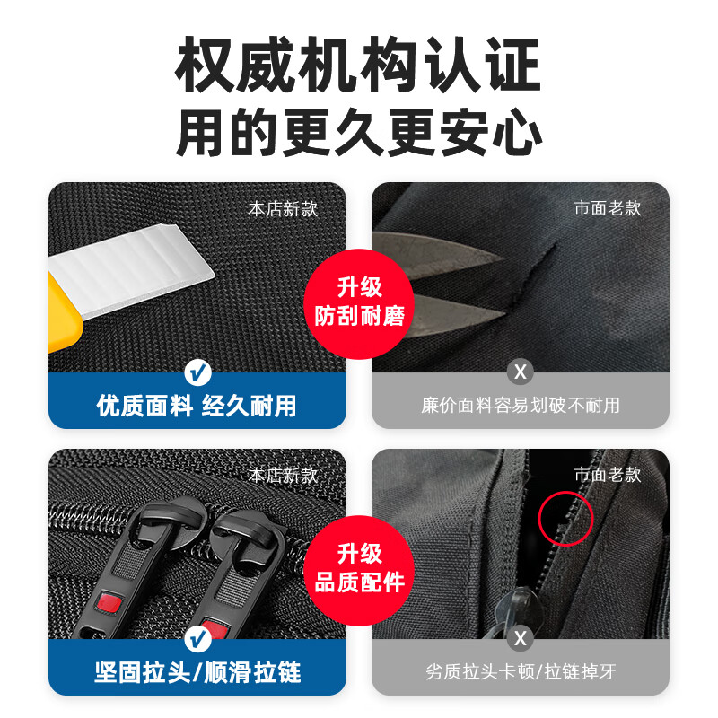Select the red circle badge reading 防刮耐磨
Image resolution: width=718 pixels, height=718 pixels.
pos(359,302)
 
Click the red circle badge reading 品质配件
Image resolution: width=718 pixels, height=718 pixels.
pos(359,568)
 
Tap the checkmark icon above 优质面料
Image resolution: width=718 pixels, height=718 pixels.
pos(197,371)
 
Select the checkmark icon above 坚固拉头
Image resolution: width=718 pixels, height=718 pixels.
pos(197,639)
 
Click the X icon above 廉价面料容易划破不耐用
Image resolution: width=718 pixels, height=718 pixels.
pos(520,371)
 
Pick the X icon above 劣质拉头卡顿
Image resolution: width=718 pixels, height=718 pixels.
pos(520,639)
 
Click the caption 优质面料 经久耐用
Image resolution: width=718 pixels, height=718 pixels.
pos(197,406)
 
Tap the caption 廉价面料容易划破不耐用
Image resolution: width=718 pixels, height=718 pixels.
pos(520,406)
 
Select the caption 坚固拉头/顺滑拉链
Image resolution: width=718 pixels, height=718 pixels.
pos(197,672)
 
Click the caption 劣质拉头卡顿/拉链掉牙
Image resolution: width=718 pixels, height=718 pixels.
pos(520,672)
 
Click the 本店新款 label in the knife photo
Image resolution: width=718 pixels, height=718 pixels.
pos(283,209)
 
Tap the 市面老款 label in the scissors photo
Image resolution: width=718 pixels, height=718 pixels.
pos(608,208)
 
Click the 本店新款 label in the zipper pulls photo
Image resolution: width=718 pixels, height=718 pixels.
pos(283,476)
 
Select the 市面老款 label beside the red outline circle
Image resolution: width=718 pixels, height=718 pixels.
pos(608,475)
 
